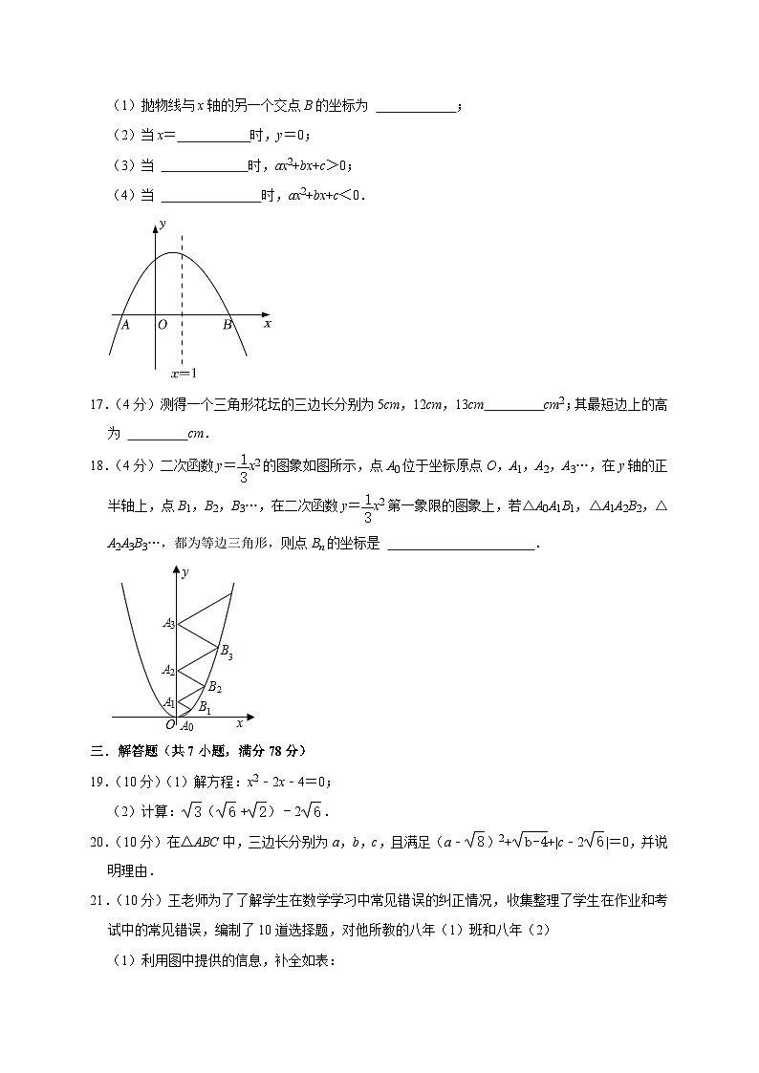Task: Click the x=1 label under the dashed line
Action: (x=184, y=374)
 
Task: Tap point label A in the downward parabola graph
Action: (x=124, y=325)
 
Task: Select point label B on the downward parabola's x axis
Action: (x=228, y=325)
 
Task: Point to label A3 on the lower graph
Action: (x=168, y=624)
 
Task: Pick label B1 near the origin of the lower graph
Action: (x=204, y=707)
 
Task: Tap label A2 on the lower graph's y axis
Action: (x=168, y=670)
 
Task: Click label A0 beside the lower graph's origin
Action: (x=187, y=726)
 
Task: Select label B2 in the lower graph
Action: (x=215, y=686)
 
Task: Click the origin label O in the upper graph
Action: (x=163, y=325)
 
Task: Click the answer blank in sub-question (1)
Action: (x=417, y=106)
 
